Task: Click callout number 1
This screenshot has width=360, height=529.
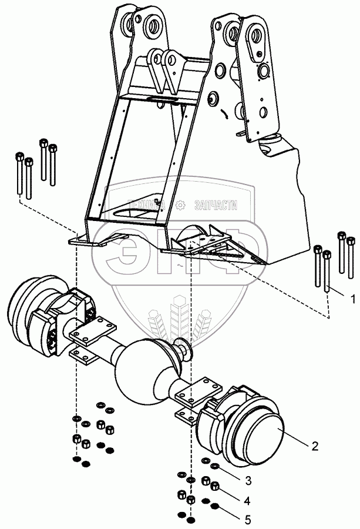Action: click(x=352, y=299)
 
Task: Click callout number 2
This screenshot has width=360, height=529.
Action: click(x=315, y=446)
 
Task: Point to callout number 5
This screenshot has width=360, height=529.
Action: click(x=247, y=519)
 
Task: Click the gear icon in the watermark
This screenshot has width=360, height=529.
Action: click(x=180, y=205)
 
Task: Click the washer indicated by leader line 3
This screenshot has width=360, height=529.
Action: click(x=216, y=466)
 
